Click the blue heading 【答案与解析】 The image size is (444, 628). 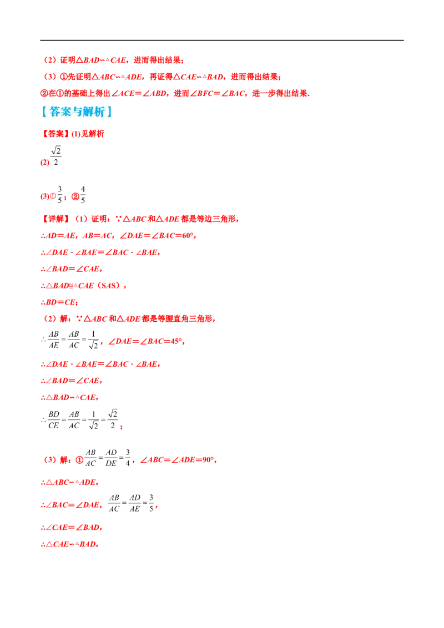coord(77,112)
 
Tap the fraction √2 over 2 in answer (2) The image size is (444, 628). coord(56,156)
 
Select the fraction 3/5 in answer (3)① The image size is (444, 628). coord(60,195)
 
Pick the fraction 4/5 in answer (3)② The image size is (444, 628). coord(83,195)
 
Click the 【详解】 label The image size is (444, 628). coord(54,219)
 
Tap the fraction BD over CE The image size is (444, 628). coord(54,420)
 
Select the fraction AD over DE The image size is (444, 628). coord(111,458)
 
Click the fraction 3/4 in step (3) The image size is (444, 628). coord(128,458)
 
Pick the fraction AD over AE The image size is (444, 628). coord(135,503)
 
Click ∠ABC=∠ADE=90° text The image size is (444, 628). coord(178,460)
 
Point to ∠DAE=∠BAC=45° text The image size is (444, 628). coord(146,342)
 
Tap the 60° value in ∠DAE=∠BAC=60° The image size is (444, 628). coord(188,235)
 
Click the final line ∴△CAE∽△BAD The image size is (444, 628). coord(70,544)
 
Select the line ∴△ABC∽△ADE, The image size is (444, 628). coord(70,482)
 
